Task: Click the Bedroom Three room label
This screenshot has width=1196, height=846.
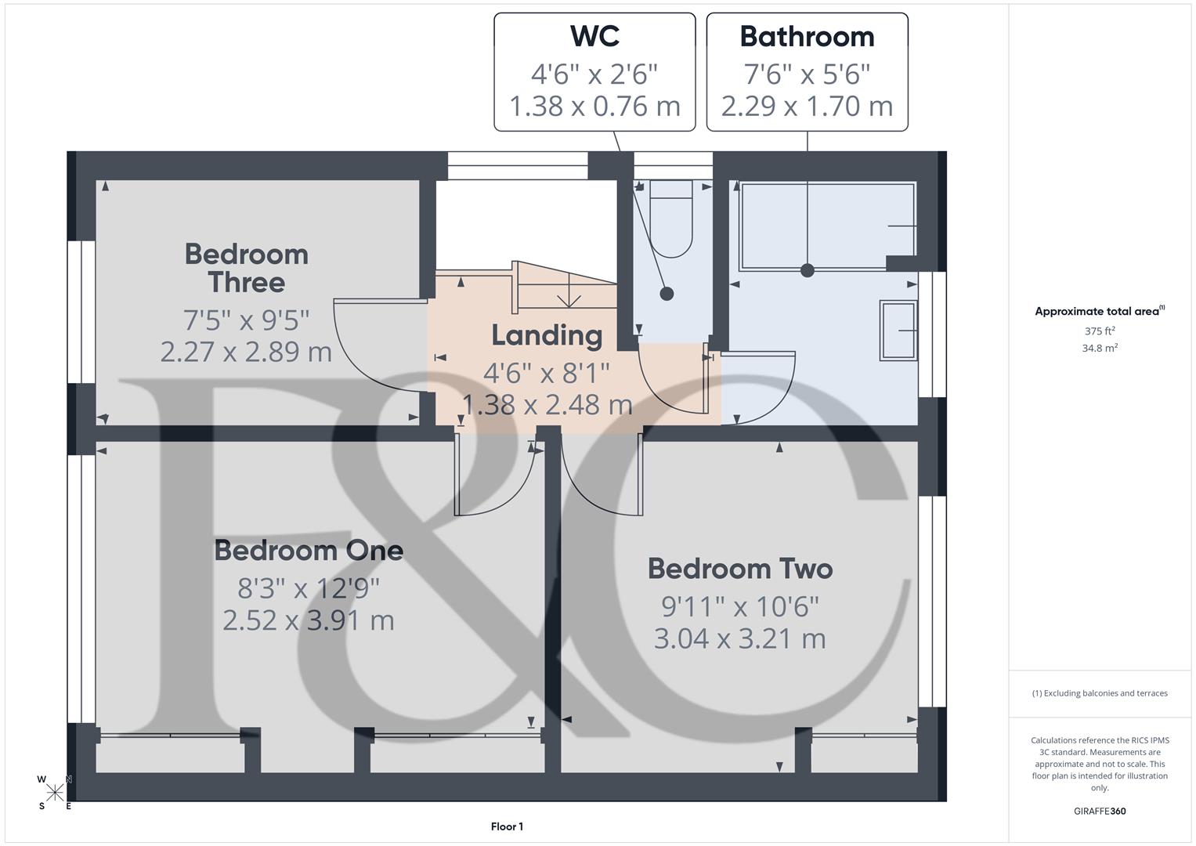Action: (246, 268)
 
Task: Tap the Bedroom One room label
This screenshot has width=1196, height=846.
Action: (309, 551)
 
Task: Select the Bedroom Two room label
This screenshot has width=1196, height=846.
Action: (739, 569)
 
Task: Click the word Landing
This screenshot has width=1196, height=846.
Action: (547, 335)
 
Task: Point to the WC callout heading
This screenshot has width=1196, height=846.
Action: (594, 37)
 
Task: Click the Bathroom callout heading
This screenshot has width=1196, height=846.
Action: (807, 37)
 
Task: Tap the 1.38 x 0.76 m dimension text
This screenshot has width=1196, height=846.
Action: (594, 106)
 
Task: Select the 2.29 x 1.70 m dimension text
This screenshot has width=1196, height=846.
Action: (807, 106)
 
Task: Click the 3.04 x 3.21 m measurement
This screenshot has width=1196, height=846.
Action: (739, 638)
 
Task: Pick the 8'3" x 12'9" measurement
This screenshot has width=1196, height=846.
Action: (309, 587)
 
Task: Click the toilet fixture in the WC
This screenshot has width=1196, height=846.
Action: (671, 223)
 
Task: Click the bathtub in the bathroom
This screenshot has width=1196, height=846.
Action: (826, 226)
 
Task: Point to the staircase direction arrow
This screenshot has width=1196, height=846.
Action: (568, 298)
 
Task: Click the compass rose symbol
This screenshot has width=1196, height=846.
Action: (55, 792)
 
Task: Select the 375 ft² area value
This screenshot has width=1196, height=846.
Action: (1099, 331)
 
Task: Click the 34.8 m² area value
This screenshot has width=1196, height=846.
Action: (1099, 349)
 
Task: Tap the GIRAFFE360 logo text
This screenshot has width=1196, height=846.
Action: (1099, 811)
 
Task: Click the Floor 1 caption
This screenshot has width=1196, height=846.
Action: (507, 826)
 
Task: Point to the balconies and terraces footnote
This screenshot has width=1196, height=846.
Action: (1099, 693)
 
